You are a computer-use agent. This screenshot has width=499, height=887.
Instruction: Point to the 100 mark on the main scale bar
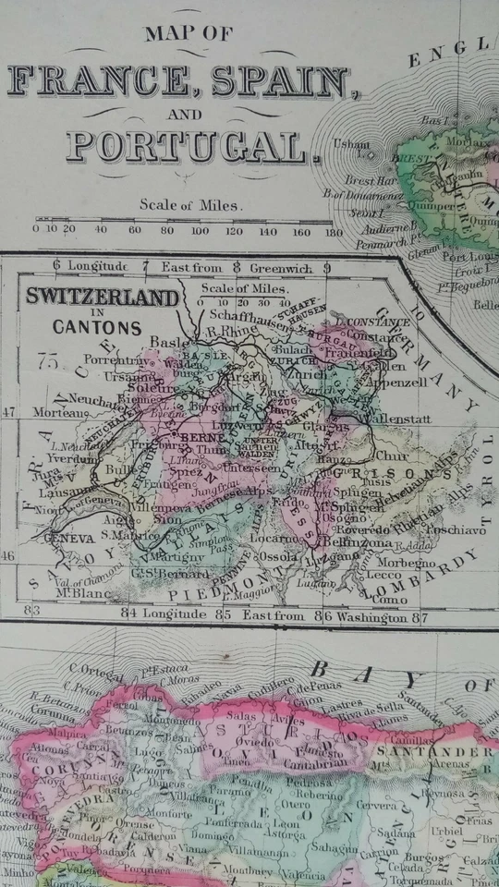pos(200,230)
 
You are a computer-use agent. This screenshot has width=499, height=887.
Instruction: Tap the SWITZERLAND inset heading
pos(102,298)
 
